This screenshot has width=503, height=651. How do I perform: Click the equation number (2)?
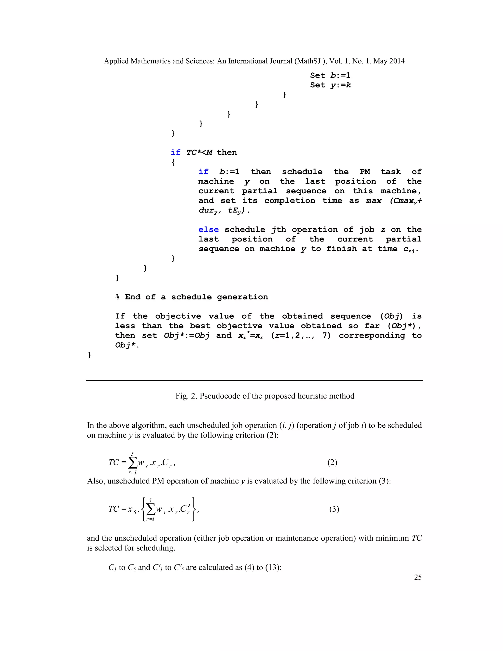(332, 462)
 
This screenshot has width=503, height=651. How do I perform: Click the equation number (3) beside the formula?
(334, 509)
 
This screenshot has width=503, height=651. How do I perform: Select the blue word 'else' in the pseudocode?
(208, 229)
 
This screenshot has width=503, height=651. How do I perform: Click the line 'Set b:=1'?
(330, 75)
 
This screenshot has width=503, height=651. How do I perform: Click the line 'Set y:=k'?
(330, 85)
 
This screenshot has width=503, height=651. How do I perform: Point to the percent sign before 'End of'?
(117, 297)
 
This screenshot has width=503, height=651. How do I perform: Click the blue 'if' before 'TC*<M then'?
(176, 152)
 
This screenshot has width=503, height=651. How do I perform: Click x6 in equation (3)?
(131, 509)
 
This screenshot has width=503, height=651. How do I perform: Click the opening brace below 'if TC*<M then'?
(173, 162)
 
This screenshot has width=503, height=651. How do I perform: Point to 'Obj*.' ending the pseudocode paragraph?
(127, 345)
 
